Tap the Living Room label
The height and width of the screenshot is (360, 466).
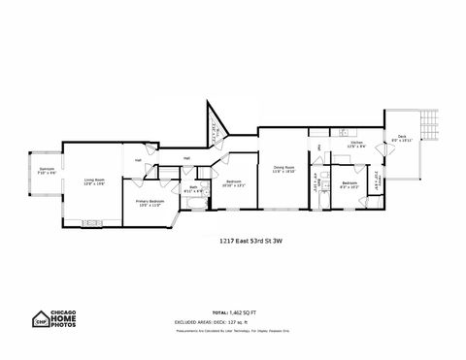pos(94,180)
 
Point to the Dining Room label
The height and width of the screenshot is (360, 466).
pos(283,168)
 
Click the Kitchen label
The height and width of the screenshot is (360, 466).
pos(356,146)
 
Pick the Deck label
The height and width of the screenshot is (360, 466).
pos(402,139)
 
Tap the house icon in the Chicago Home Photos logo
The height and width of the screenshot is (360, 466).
pos(42,321)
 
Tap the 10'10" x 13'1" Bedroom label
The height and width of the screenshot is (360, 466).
pos(234,182)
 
